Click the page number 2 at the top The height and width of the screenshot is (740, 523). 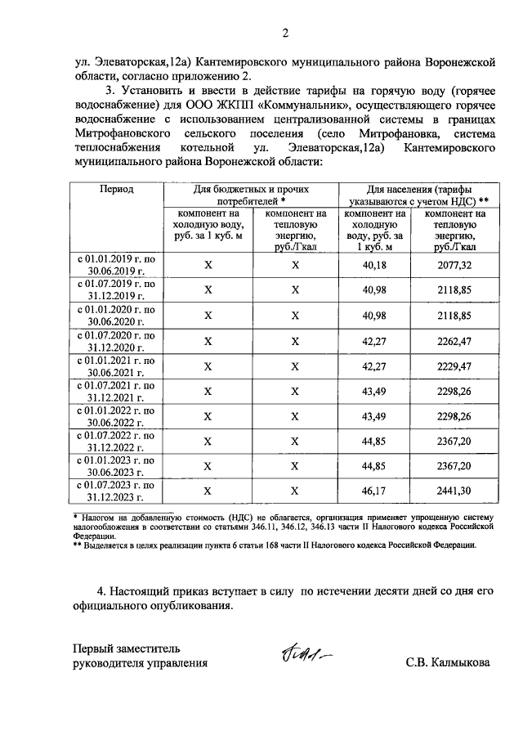tap(285, 34)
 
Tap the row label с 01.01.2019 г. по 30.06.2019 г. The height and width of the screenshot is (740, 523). tap(116, 265)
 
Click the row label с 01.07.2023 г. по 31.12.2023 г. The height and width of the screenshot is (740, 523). tap(116, 491)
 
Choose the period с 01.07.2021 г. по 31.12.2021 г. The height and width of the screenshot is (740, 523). tap(116, 391)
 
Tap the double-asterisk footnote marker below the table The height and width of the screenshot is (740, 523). tap(78, 544)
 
